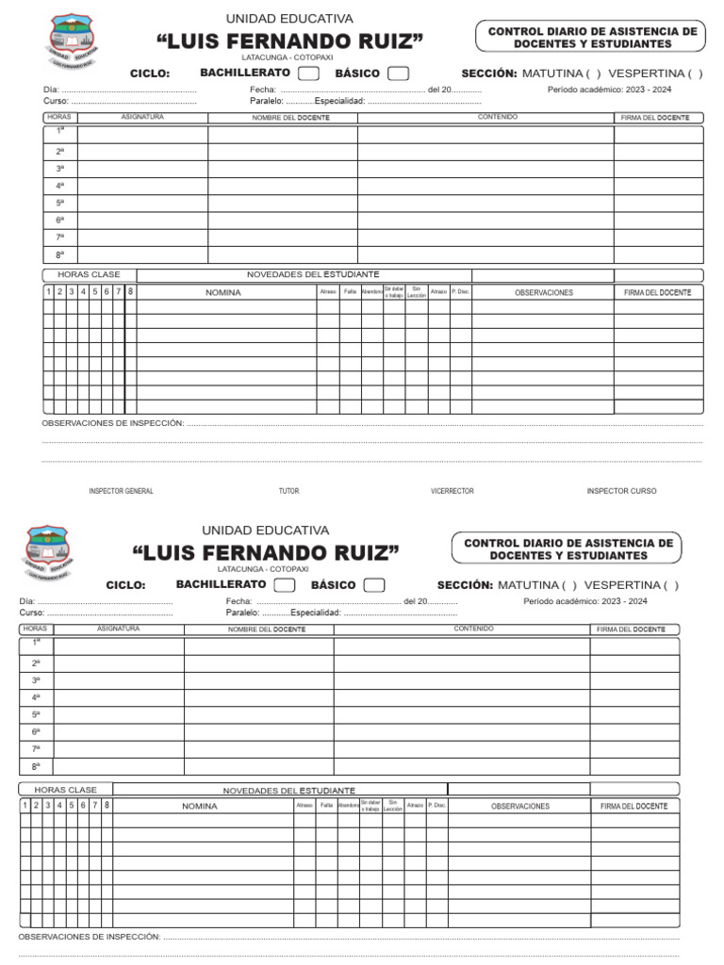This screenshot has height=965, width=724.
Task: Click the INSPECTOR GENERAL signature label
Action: tap(121, 491)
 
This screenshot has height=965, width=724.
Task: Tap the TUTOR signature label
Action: tap(288, 491)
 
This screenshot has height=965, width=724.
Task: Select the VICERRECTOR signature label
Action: tap(452, 491)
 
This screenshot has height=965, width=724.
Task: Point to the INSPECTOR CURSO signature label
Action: tap(621, 491)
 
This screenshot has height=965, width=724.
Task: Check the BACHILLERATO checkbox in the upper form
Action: tap(308, 74)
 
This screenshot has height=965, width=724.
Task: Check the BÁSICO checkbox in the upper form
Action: tap(398, 74)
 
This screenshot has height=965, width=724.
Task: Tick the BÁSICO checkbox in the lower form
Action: tap(373, 585)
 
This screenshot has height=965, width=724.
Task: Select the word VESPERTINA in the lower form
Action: tap(621, 585)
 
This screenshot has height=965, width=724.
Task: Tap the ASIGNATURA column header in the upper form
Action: tap(142, 118)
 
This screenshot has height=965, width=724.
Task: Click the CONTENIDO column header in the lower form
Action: tap(473, 629)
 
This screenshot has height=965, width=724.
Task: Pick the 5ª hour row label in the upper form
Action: tap(59, 203)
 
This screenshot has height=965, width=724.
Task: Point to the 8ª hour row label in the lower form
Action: tap(36, 766)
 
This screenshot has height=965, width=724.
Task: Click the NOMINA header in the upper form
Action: tap(223, 292)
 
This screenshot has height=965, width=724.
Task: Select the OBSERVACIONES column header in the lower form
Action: tap(519, 807)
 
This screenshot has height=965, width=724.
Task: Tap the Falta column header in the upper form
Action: tap(350, 292)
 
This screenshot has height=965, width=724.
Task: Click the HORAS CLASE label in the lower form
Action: tap(65, 789)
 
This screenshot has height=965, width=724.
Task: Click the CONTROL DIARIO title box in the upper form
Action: tap(592, 38)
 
